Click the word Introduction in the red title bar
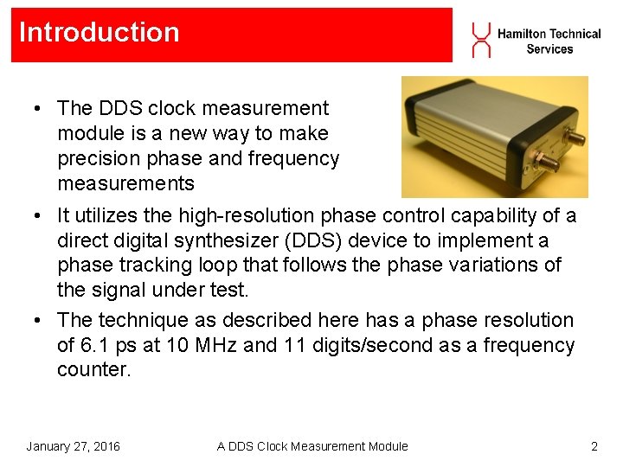99,33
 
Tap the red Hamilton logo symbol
481,41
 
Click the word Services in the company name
549,49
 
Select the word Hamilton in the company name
521,34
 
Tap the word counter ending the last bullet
93,369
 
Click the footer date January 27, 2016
74,446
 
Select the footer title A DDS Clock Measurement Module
312,446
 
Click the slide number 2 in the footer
594,446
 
